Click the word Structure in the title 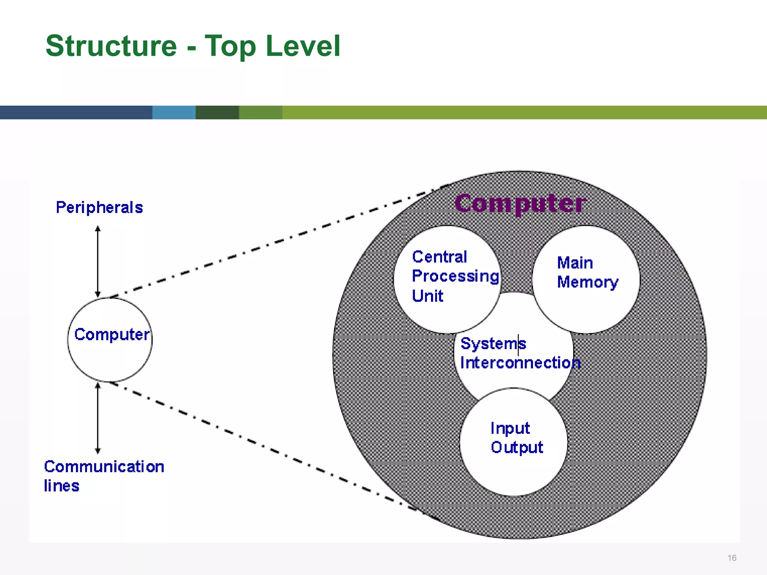tap(111, 46)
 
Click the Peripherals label tap(99, 207)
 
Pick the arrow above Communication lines tap(98, 418)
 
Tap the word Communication tap(104, 467)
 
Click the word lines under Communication tap(62, 486)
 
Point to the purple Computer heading tap(520, 204)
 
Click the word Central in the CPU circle tap(439, 257)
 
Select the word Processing tap(455, 277)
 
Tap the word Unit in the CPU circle tap(427, 296)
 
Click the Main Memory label tap(587, 273)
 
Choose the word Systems tap(493, 344)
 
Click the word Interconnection tap(520, 363)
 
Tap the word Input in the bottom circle tap(510, 428)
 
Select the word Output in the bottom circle tap(517, 448)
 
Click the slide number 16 tap(732, 558)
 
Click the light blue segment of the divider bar tap(174, 112)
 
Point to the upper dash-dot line tap(262, 247)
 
